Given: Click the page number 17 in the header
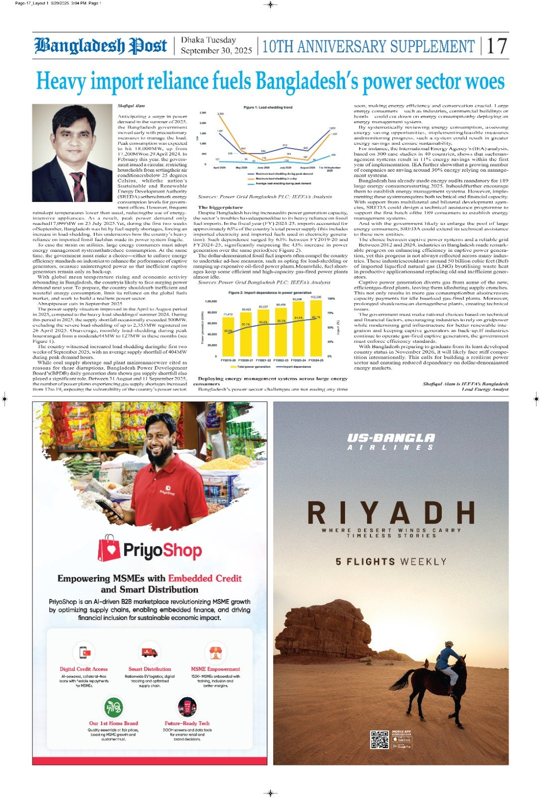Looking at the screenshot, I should (497, 46).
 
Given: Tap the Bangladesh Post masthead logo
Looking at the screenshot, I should (100, 46).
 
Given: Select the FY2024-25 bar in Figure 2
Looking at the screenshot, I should (316, 327).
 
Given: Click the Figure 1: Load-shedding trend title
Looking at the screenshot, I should (268, 107).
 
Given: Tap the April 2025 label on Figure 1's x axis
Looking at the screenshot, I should (219, 168).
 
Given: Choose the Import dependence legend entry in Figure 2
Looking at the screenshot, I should (296, 367).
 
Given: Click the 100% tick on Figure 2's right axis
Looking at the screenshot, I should (331, 299).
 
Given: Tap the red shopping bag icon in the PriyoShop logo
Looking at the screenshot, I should (109, 548).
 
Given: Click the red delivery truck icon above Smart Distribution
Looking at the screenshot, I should (150, 652).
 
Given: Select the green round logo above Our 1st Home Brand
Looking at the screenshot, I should (114, 707).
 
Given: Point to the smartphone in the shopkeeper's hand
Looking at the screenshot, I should (108, 509).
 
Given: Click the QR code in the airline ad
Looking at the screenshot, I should (379, 739).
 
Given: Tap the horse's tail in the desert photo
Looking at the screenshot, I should (399, 679).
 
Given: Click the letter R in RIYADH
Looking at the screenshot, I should (317, 513).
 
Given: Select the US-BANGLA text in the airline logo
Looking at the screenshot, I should (390, 438).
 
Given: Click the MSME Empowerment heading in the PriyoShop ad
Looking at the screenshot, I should (215, 669).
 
